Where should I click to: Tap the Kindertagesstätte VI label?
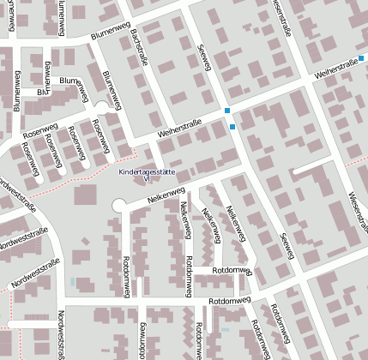pos(146,175)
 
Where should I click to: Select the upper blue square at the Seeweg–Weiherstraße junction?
pos(226,111)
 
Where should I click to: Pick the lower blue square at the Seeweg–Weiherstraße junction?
pos(232,128)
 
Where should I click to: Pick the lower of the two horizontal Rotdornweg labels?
pos(229,301)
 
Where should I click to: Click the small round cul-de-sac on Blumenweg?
pos(101,107)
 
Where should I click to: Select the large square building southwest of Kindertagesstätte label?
pos(86,195)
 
